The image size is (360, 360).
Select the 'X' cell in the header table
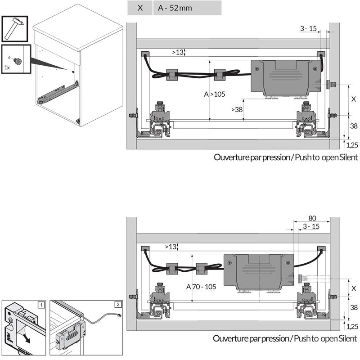coord(140,8)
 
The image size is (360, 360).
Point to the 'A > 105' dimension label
coord(214,94)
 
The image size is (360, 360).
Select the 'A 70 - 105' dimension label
coord(205,286)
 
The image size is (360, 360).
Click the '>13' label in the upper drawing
coord(178,52)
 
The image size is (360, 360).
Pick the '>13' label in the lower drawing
coord(171,247)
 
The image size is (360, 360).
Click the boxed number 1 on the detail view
coord(41,305)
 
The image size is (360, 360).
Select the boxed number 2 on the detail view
coord(118,305)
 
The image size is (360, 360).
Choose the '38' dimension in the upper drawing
coord(354,126)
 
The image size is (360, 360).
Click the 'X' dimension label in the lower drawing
coord(354,288)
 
